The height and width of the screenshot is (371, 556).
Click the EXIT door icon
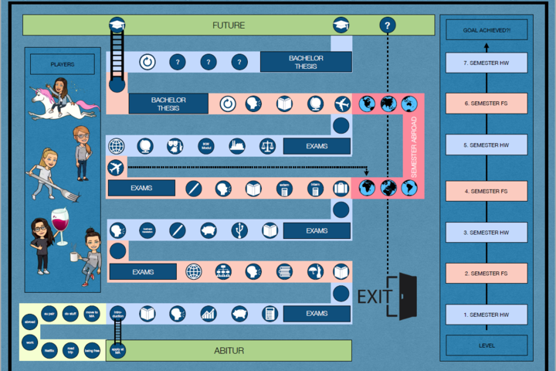(x=403, y=296)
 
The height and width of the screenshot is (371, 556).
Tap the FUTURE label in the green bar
(x=229, y=26)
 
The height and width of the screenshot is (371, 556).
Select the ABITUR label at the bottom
(x=229, y=351)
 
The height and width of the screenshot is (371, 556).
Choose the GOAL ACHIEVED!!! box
(x=486, y=30)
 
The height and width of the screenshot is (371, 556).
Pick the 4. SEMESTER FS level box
(x=486, y=191)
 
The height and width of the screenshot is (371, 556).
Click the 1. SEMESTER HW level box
(x=486, y=315)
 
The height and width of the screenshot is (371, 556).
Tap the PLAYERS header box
(x=63, y=64)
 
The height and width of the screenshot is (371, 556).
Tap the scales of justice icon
(x=267, y=146)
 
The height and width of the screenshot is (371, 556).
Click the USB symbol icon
(x=242, y=230)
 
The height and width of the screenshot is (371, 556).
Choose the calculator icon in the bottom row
(x=270, y=314)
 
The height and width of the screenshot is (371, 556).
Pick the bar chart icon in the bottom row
(x=208, y=314)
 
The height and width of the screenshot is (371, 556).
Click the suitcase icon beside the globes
(x=341, y=188)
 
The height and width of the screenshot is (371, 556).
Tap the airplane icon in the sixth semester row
(x=342, y=104)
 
